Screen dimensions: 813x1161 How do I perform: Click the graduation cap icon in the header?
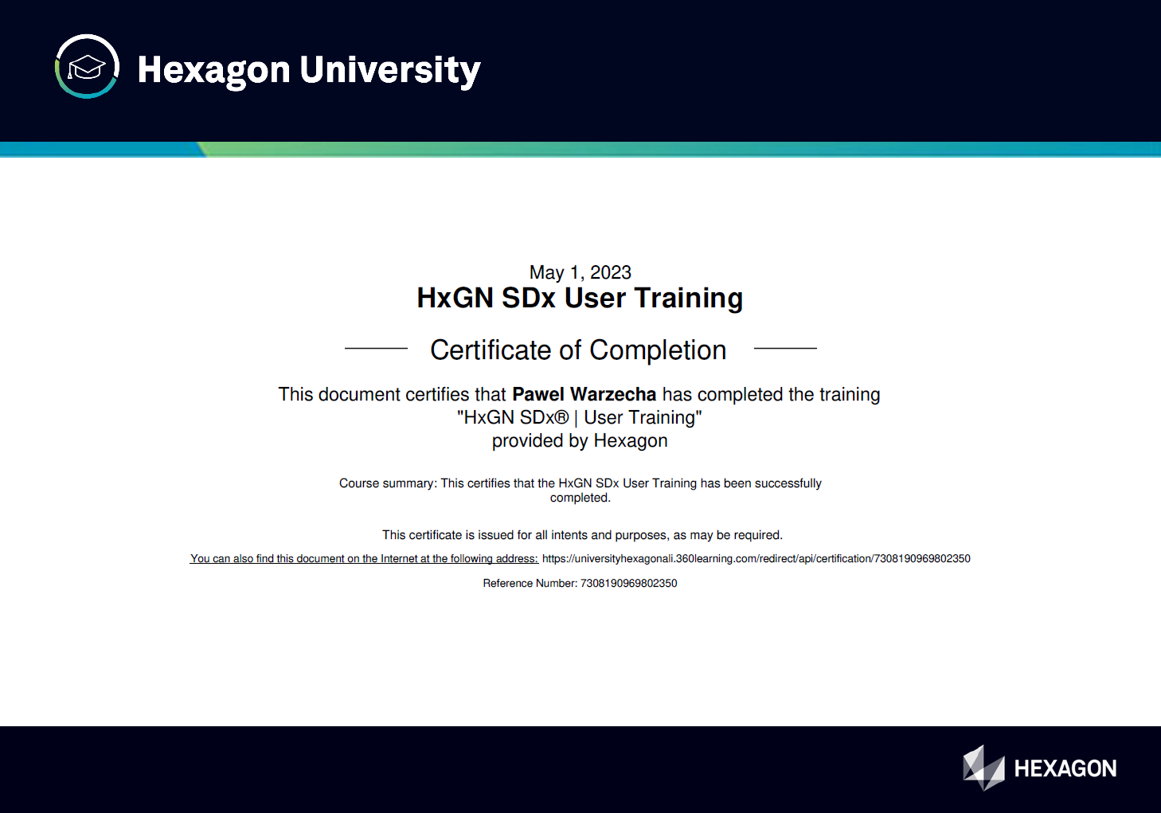point(87,67)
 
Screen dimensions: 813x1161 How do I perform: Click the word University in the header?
point(390,70)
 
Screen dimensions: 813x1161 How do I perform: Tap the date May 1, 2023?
point(580,272)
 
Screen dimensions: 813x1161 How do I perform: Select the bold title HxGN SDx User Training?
point(580,298)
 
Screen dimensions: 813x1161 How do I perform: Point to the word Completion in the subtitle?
point(658,350)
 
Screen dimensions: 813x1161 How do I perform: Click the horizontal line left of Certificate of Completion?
point(376,348)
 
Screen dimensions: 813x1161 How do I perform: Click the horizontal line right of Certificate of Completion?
point(785,348)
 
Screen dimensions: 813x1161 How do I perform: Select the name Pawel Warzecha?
point(584,394)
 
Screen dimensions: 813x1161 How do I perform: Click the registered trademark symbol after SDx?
point(562,418)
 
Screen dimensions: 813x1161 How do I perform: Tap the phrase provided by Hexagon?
point(580,441)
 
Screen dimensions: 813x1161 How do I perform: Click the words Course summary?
point(387,483)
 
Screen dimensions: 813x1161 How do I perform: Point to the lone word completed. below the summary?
point(580,498)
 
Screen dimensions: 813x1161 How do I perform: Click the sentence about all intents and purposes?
point(582,535)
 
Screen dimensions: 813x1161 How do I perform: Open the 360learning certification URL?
point(756,559)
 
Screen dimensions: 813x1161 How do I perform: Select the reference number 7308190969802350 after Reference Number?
point(628,584)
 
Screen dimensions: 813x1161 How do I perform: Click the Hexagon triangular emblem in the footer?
point(983,768)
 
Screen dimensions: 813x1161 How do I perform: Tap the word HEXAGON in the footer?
point(1065,768)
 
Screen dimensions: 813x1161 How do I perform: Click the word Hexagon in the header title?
point(213,70)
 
